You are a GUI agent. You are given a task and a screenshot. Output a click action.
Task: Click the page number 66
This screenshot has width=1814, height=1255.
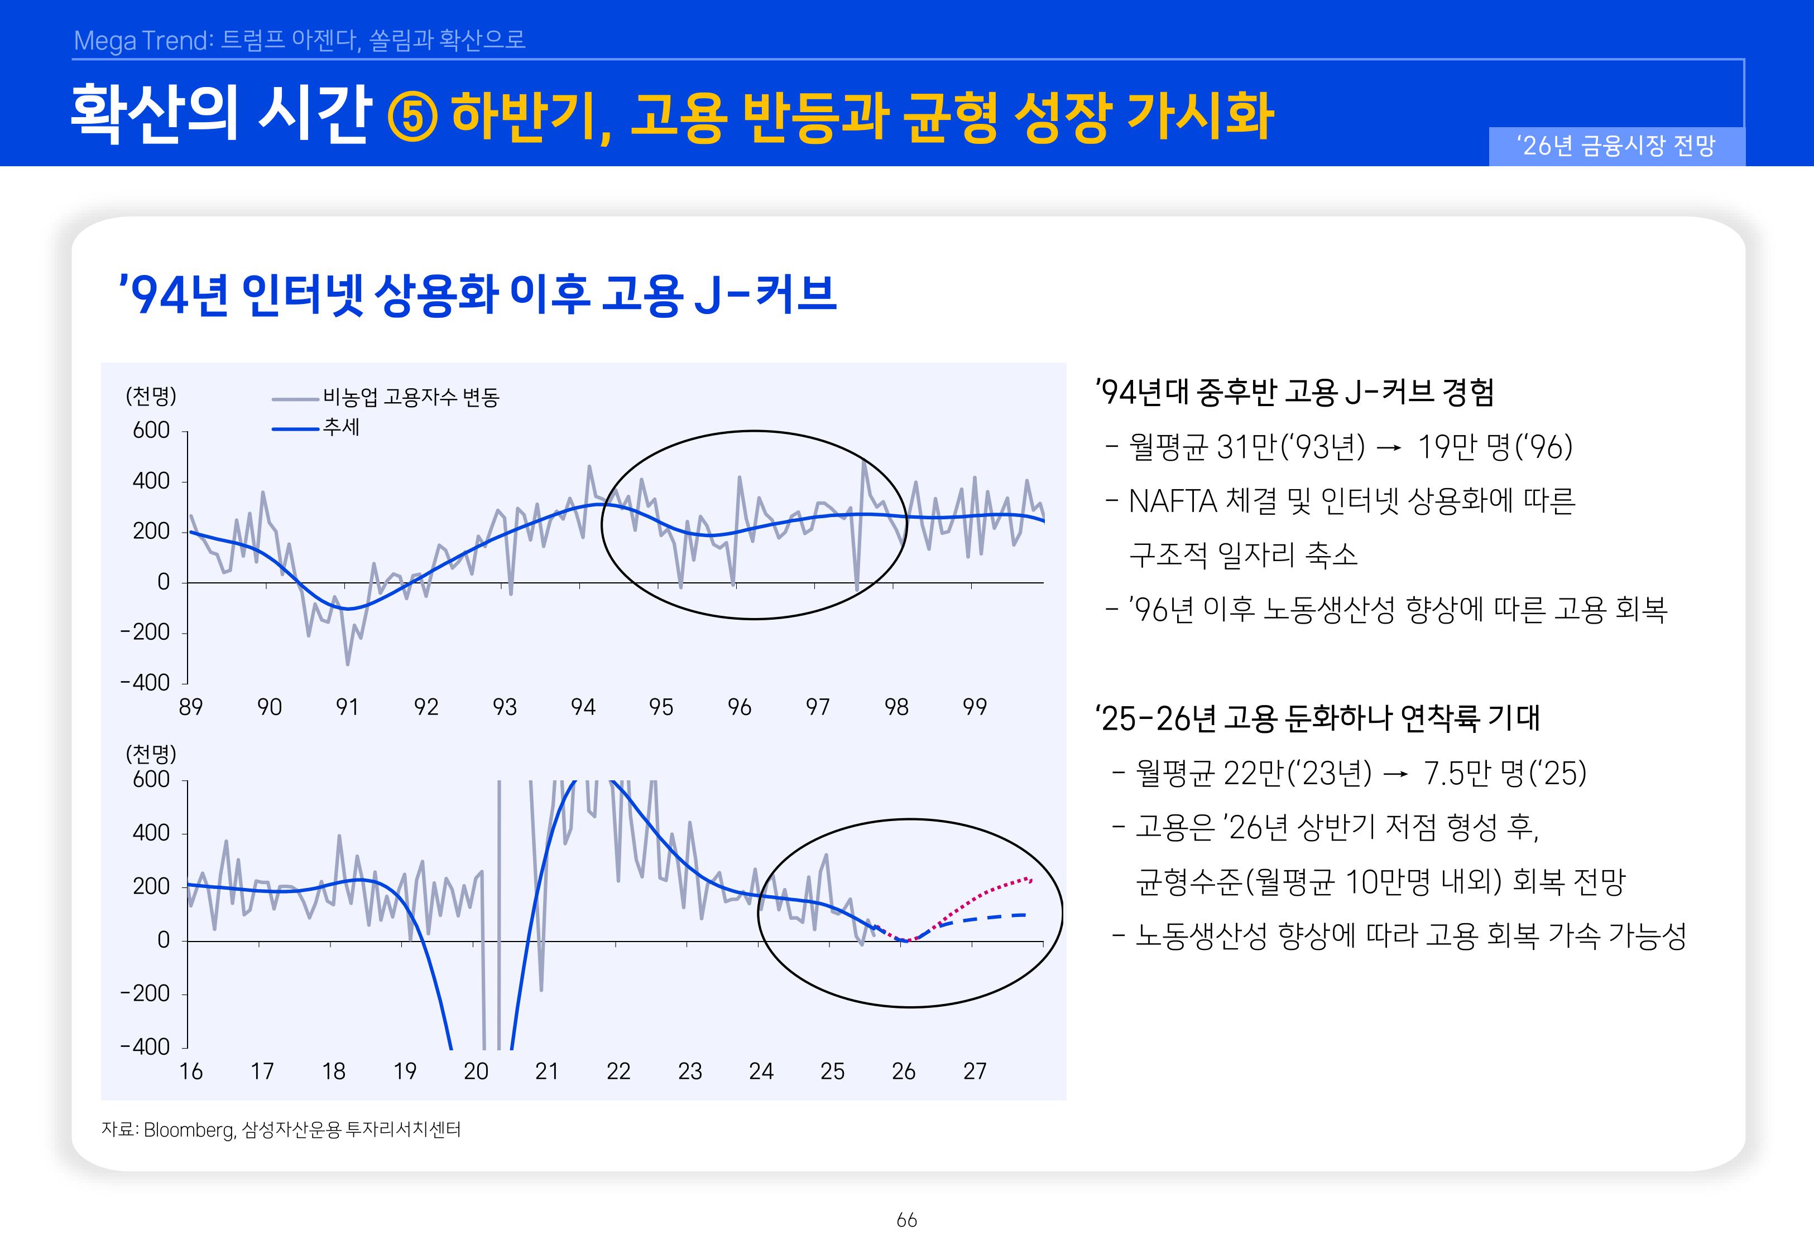tap(906, 1220)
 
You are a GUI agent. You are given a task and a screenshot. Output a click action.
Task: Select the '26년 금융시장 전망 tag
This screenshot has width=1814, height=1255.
tap(1616, 146)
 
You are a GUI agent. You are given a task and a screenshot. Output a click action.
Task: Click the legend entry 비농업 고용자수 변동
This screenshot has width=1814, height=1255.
tap(411, 398)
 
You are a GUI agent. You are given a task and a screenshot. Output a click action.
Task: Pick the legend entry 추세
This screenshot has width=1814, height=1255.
tap(340, 428)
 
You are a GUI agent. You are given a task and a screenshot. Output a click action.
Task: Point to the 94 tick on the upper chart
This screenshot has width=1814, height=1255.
tap(583, 707)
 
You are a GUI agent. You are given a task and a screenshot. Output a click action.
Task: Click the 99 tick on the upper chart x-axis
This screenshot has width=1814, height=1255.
tap(974, 707)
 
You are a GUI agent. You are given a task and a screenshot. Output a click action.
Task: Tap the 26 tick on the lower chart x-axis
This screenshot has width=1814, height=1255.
tap(903, 1071)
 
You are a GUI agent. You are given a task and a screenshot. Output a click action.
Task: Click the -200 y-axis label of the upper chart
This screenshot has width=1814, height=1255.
tap(146, 632)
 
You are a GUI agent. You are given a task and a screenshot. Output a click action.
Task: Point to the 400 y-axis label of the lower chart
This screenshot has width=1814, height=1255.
tap(151, 833)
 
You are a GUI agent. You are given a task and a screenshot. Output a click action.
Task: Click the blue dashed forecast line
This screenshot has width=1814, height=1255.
tap(991, 917)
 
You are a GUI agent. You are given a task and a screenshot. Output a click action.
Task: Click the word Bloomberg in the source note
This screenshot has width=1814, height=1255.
tap(189, 1130)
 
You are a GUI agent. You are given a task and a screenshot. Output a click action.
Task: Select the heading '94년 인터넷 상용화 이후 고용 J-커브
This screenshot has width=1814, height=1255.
tap(477, 294)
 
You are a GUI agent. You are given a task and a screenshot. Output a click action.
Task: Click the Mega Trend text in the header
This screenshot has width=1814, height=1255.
tap(142, 40)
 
